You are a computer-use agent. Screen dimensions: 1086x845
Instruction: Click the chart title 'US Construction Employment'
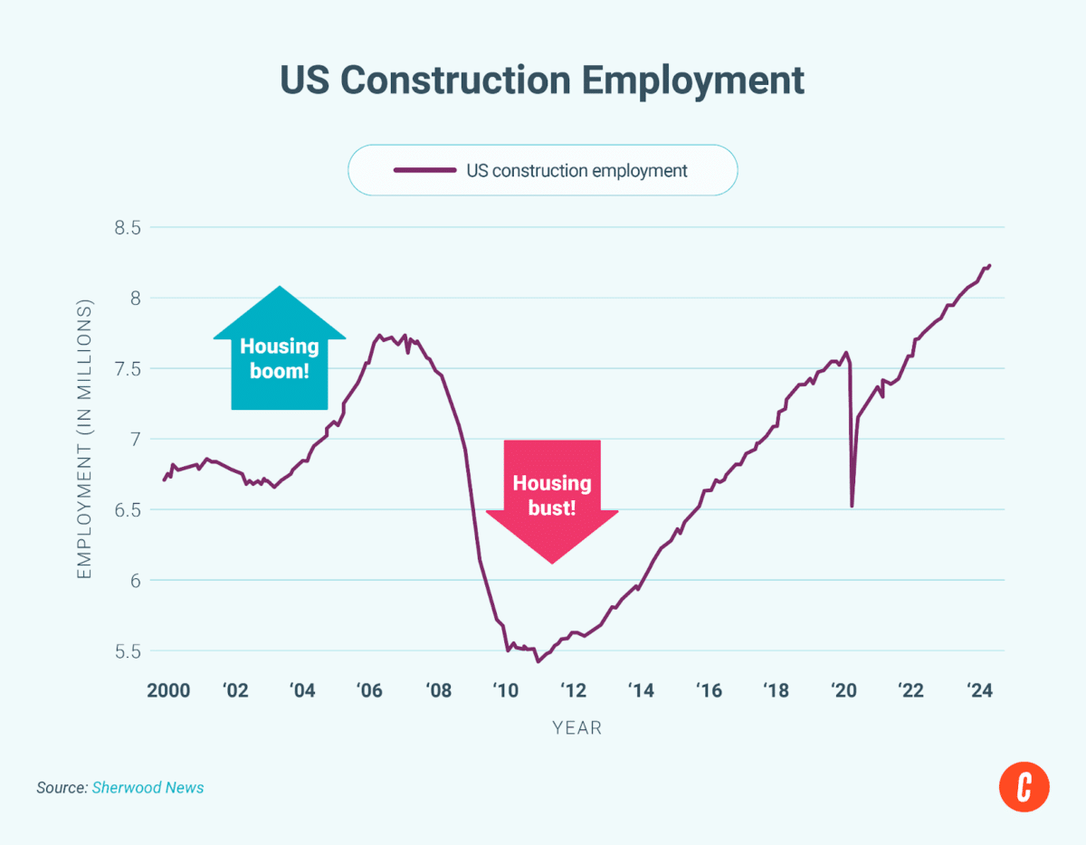point(542,81)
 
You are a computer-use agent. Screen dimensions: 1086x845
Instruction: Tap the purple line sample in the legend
point(424,170)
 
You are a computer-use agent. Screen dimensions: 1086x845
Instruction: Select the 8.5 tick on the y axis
point(128,228)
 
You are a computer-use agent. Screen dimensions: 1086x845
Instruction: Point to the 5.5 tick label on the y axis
point(128,651)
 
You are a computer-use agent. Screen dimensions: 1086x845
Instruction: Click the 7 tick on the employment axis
point(136,440)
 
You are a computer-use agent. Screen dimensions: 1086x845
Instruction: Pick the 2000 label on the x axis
point(168,690)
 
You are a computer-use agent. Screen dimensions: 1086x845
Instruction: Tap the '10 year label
point(506,690)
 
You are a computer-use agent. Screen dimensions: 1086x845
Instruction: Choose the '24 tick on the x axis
point(979,690)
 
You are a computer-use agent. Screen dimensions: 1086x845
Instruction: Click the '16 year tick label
point(709,690)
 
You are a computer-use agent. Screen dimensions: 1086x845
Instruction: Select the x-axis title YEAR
point(577,728)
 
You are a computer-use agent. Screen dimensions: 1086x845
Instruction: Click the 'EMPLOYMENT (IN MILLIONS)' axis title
point(84,439)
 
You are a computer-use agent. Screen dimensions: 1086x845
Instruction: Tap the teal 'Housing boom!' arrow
point(280,348)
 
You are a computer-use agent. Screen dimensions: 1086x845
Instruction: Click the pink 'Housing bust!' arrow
point(552,502)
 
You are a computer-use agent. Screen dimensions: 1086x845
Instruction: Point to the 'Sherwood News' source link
point(148,788)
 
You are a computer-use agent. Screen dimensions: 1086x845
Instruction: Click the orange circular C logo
point(1024,787)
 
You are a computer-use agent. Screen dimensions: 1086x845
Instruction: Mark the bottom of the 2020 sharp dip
point(852,507)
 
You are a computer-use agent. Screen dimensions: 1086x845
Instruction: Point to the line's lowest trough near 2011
point(538,661)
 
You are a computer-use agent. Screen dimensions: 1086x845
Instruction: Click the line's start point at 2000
point(164,479)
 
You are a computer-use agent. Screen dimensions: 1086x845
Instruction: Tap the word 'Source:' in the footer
point(62,788)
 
